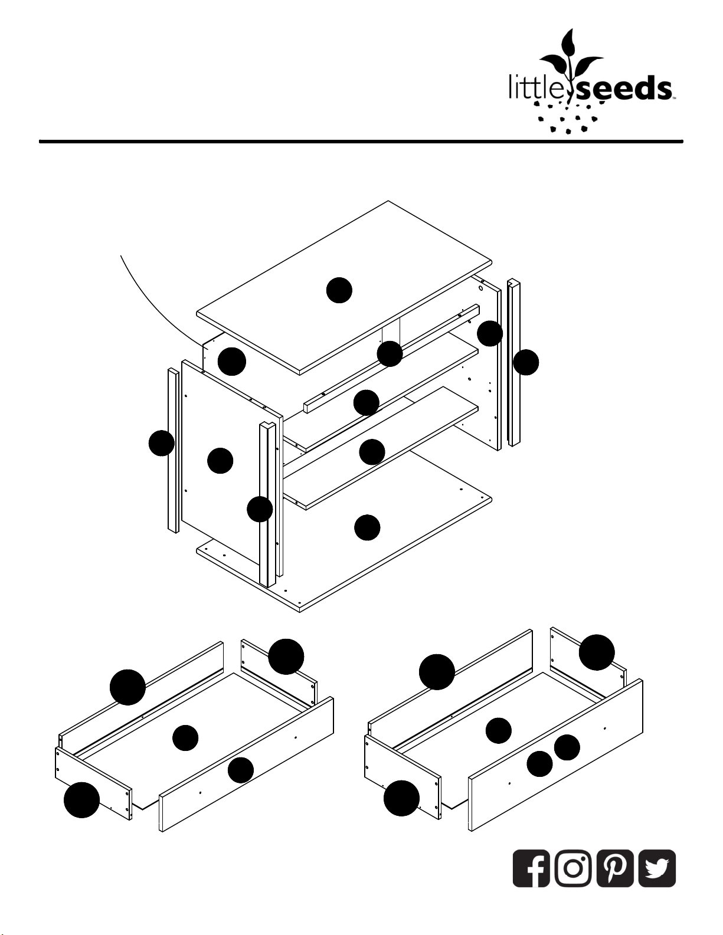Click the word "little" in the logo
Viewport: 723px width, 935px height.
tap(540, 87)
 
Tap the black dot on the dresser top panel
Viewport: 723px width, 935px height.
tap(339, 290)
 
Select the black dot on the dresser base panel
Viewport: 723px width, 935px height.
tap(367, 527)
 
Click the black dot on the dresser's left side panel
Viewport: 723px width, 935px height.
tap(220, 460)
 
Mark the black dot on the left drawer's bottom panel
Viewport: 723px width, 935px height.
tap(185, 738)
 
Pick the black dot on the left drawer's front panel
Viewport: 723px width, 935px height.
tap(241, 770)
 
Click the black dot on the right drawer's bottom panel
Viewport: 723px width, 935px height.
tap(499, 731)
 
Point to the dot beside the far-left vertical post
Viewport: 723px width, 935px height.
tap(161, 443)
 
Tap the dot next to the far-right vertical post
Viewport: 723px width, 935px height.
tap(526, 362)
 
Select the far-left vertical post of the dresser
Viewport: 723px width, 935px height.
tap(173, 451)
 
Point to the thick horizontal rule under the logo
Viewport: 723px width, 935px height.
tap(361, 141)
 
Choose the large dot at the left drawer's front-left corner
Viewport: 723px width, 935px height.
tap(82, 800)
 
